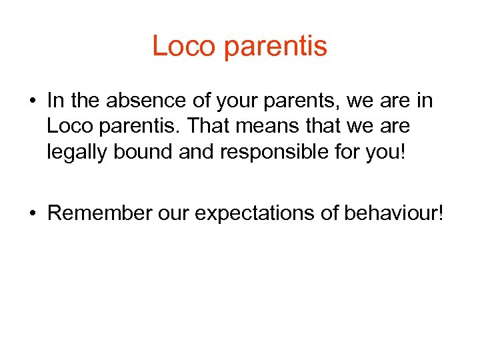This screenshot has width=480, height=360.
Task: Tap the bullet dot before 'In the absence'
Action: click(x=31, y=102)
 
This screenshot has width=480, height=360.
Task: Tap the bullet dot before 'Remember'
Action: click(x=31, y=213)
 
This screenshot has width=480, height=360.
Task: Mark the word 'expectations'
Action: click(x=255, y=214)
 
